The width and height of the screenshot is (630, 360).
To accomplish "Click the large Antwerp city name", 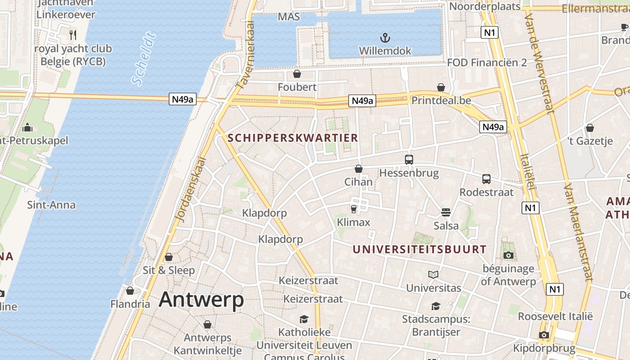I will (201, 300).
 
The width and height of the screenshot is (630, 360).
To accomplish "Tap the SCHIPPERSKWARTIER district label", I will (293, 138).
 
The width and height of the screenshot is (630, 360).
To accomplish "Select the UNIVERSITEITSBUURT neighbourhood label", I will (419, 249).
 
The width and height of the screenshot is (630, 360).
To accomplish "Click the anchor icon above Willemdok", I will (385, 38).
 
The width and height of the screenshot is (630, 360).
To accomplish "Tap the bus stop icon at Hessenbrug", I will (409, 160).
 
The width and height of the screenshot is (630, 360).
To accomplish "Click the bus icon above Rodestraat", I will (486, 179).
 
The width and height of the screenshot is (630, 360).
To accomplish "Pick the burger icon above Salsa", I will (446, 212).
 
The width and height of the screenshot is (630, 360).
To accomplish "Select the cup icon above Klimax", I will (353, 209).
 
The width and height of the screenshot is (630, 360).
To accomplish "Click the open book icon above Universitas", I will (433, 274).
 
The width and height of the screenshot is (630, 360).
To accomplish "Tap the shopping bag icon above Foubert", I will (297, 73).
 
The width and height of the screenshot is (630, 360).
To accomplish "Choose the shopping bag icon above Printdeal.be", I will (441, 87).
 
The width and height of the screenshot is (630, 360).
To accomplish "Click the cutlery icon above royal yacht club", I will (73, 35).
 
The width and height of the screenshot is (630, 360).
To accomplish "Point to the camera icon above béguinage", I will (508, 256).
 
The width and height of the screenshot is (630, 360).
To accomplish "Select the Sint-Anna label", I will (51, 205).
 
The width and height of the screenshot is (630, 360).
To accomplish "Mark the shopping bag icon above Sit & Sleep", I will (169, 257).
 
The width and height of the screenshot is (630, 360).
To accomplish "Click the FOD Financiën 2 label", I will (487, 63).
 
